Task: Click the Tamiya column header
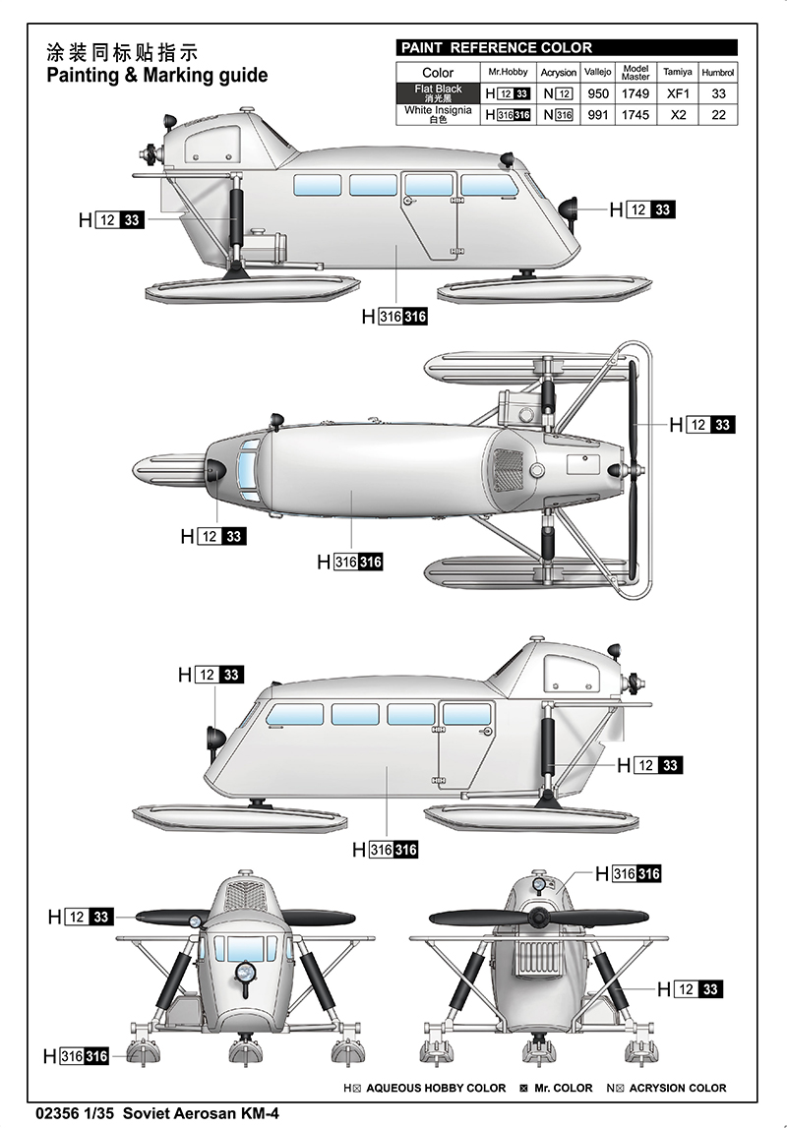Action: click(677, 72)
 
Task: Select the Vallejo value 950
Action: click(597, 94)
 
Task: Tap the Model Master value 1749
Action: click(636, 94)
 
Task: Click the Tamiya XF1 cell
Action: click(677, 94)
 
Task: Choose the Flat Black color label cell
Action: click(437, 93)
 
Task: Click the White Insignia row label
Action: click(437, 114)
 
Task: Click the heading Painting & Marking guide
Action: click(156, 75)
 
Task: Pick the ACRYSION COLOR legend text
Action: click(678, 1088)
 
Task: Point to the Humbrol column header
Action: click(718, 72)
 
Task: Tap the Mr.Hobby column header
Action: click(508, 72)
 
